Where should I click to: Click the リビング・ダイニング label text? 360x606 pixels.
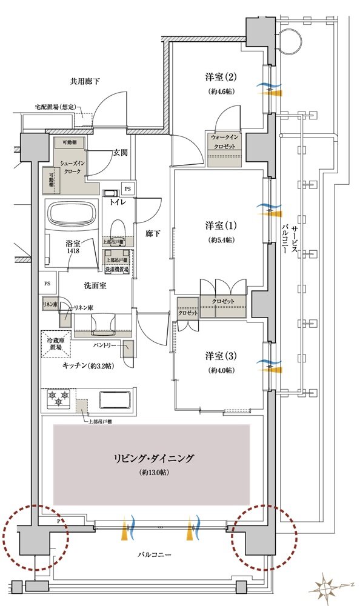(152, 459)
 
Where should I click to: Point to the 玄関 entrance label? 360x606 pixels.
(119, 153)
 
